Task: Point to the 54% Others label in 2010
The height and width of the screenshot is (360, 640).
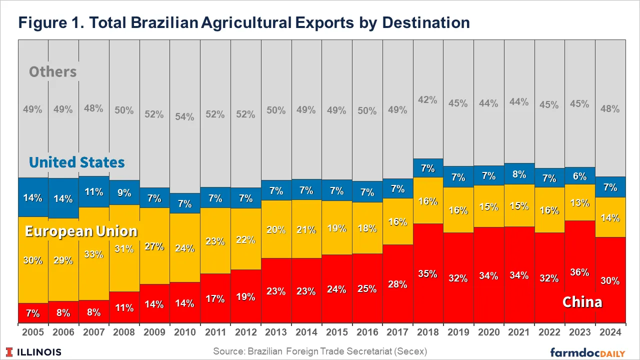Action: pyautogui.click(x=184, y=116)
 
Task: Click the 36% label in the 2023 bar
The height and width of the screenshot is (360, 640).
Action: pyautogui.click(x=579, y=272)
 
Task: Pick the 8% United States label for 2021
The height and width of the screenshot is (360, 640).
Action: pyautogui.click(x=519, y=174)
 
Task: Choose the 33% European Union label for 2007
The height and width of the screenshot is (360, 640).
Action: pyautogui.click(x=94, y=254)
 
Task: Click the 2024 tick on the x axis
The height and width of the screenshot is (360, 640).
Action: pyautogui.click(x=610, y=332)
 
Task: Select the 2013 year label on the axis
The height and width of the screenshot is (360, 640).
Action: pyautogui.click(x=276, y=332)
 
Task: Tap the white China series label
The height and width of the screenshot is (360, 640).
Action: pyautogui.click(x=582, y=302)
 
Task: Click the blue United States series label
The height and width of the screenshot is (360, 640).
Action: pyautogui.click(x=76, y=162)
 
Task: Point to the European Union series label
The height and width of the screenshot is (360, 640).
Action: pyautogui.click(x=81, y=231)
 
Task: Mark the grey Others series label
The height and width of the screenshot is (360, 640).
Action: pyautogui.click(x=52, y=72)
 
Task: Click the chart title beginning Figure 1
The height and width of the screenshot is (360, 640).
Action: pyautogui.click(x=244, y=22)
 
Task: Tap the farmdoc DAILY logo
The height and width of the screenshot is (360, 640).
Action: pyautogui.click(x=587, y=352)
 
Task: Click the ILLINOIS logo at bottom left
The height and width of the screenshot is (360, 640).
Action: pyautogui.click(x=34, y=352)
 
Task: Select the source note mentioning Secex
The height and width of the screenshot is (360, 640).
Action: pyautogui.click(x=320, y=351)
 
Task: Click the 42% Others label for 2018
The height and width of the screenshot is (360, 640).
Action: pyautogui.click(x=428, y=99)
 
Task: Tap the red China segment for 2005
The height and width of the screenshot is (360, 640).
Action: pyautogui.click(x=33, y=313)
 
